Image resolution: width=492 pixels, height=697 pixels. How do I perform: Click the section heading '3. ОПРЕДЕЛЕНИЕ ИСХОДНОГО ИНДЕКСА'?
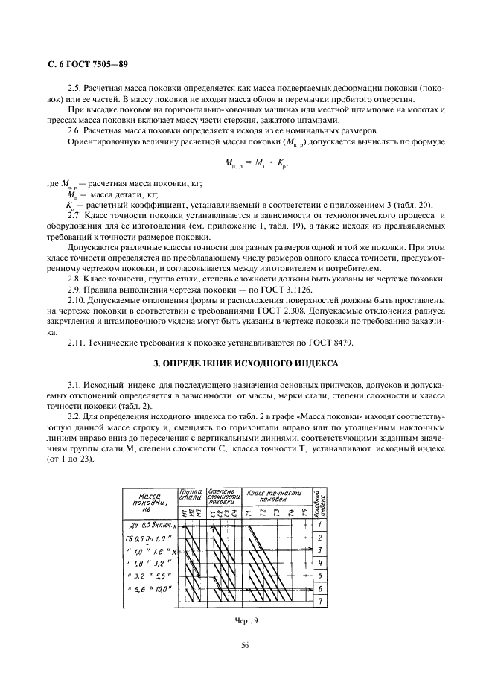pos(246,363)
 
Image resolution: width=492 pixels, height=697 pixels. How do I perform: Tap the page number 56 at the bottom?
pos(245,646)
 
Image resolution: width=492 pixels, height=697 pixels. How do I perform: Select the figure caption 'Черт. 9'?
pos(245,617)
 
